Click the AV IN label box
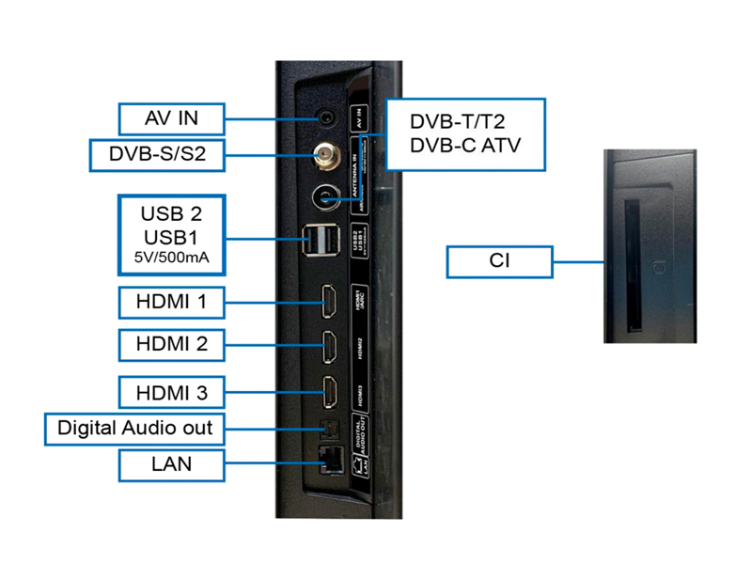171,119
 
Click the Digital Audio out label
135,429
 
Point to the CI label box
499,261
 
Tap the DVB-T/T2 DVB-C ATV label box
465,133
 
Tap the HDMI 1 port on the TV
331,303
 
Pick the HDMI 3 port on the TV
331,388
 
